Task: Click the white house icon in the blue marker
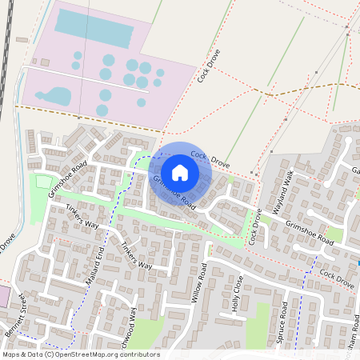point(180,172)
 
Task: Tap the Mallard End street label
point(95,267)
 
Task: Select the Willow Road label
point(199,285)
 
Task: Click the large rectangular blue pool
point(94,30)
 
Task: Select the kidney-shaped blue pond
point(54,97)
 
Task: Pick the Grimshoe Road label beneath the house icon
point(174,192)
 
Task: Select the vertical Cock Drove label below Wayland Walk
point(255,227)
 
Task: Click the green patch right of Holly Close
point(258,321)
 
